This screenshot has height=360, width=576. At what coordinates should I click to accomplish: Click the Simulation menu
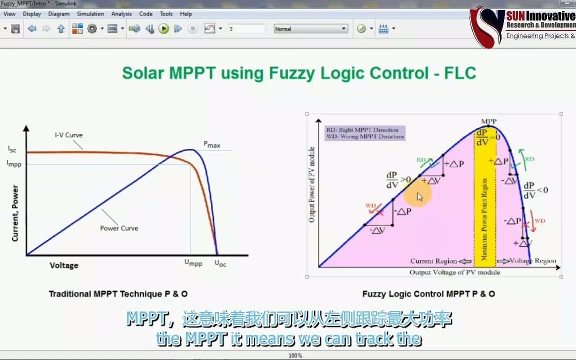point(90,14)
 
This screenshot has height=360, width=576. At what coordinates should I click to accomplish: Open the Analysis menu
point(121,14)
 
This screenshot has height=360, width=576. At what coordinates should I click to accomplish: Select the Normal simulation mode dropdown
point(310,29)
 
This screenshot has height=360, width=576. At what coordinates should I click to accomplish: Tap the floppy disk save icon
point(15,29)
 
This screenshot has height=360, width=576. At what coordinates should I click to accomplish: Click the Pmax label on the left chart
point(211,144)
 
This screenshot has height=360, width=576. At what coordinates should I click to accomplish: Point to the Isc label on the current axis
point(12,149)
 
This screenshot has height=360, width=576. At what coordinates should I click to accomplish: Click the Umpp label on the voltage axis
point(193,262)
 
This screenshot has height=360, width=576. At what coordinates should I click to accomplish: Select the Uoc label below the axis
point(220,263)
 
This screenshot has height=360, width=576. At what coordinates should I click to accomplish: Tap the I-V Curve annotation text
point(68,135)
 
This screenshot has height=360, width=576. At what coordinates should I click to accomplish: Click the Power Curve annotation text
point(119,228)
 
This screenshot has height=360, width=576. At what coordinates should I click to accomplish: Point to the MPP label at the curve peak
point(488,121)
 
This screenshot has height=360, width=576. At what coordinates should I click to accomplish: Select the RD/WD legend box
point(364,133)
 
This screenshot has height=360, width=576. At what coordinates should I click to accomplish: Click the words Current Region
point(433,261)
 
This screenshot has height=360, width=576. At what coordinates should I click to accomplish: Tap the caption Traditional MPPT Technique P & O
point(118,294)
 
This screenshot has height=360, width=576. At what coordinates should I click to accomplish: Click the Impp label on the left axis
point(14,163)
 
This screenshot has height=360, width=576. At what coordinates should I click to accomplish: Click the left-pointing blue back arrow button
point(32,29)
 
